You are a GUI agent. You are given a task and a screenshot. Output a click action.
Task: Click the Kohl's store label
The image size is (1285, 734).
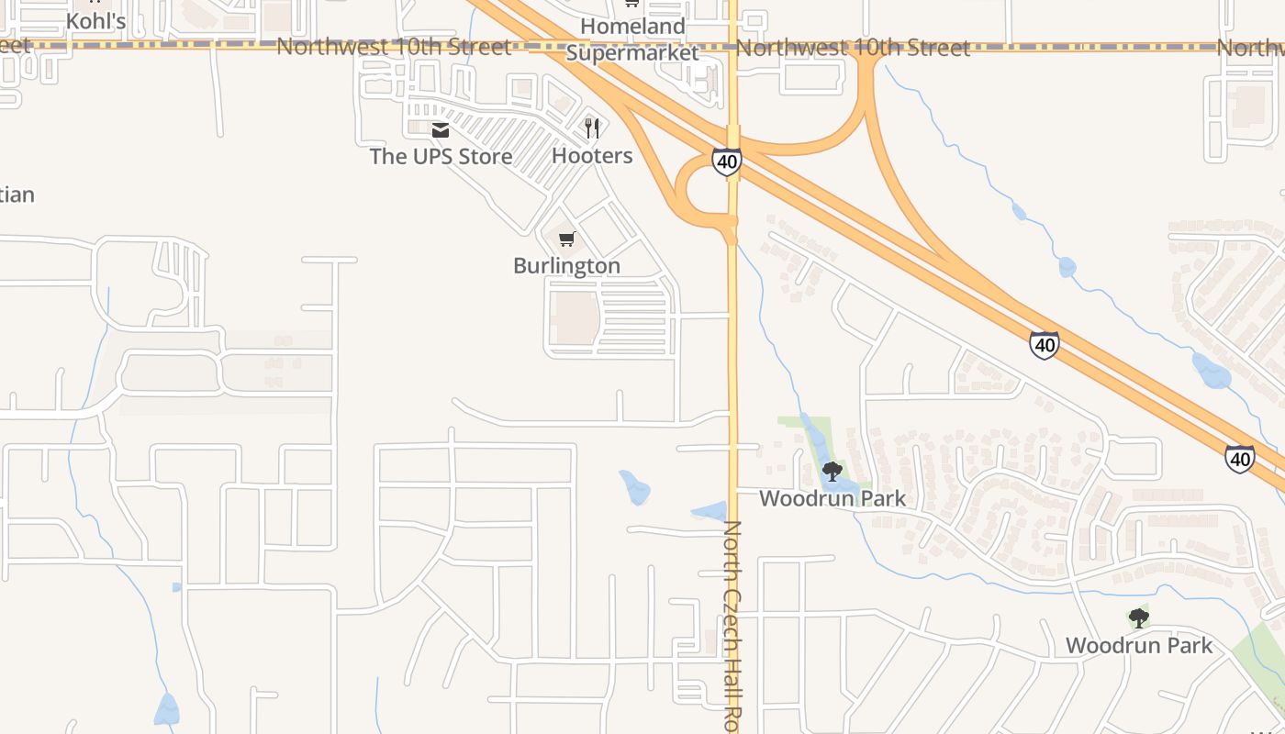click(x=95, y=20)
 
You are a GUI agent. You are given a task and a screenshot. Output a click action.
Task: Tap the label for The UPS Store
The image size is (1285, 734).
click(x=441, y=157)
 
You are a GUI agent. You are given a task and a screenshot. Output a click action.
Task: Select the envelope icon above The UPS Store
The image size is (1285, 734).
click(x=441, y=130)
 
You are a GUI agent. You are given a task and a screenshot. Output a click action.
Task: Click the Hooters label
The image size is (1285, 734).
click(x=592, y=156)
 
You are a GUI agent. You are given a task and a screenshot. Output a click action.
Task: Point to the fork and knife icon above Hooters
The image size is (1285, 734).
click(x=592, y=128)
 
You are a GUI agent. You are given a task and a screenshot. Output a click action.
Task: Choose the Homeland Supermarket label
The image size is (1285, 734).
click(x=632, y=39)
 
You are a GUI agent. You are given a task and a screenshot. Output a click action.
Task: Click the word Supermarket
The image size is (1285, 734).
click(x=632, y=52)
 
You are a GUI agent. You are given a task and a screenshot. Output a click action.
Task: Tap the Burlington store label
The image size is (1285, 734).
click(x=566, y=266)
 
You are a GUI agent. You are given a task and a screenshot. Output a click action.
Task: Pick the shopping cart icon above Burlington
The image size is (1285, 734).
click(x=567, y=239)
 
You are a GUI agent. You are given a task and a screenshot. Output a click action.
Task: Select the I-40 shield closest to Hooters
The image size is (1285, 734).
click(x=726, y=162)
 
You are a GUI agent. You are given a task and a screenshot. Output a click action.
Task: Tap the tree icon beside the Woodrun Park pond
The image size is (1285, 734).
click(x=832, y=472)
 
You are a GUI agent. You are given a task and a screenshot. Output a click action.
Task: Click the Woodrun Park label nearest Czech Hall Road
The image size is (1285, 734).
click(x=832, y=499)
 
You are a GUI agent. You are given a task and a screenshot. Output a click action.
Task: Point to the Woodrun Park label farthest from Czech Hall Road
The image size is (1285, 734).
click(x=1139, y=646)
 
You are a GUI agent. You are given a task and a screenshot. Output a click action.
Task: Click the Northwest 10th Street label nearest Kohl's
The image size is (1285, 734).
click(x=393, y=47)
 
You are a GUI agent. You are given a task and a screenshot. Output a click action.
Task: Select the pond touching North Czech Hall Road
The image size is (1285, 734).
click(x=709, y=511)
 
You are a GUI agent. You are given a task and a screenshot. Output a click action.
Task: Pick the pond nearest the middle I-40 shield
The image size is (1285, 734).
click(x=1066, y=267)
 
